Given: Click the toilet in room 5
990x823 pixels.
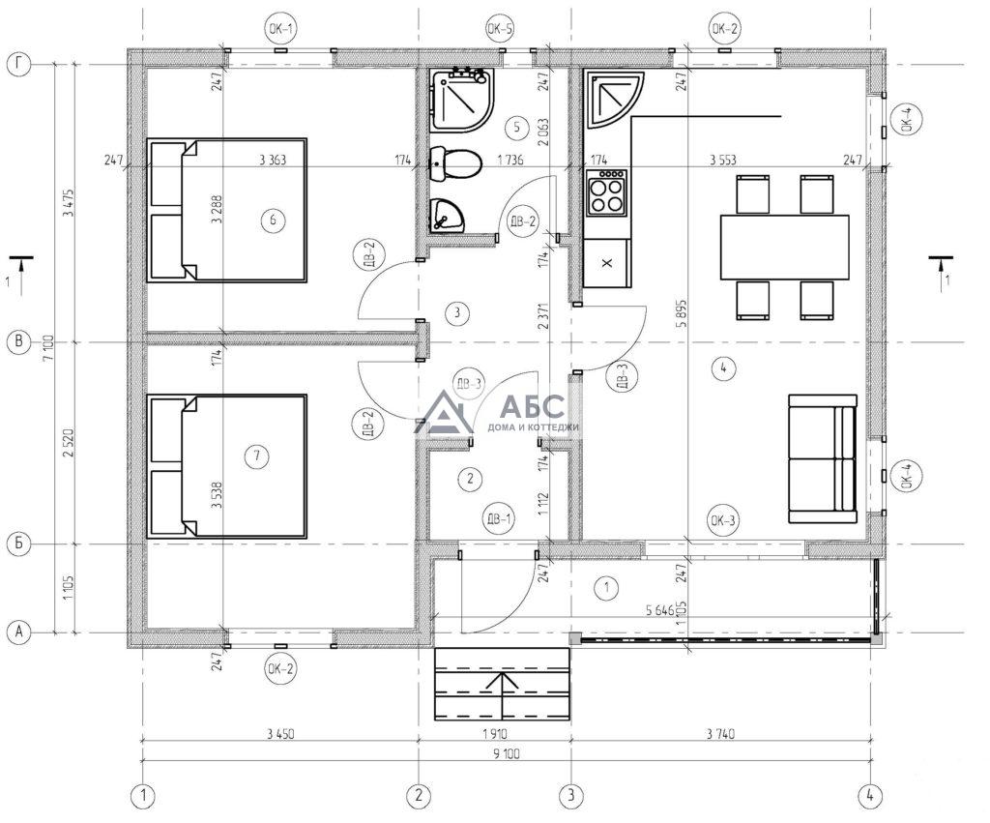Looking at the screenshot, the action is click(456, 164).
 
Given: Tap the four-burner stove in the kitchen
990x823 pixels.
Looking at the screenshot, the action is click(607, 191).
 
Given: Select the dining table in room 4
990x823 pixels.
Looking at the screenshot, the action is click(785, 247).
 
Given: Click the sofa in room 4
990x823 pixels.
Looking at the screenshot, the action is click(823, 459).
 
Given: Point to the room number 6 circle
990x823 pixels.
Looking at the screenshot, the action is click(273, 220).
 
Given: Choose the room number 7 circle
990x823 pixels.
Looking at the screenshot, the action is click(256, 456).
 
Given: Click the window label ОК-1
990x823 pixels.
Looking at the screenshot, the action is click(280, 28).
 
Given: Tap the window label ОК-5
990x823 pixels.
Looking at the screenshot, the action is click(500, 28).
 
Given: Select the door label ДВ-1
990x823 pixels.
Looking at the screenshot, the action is click(498, 519).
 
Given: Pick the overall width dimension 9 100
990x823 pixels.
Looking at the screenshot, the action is click(509, 753).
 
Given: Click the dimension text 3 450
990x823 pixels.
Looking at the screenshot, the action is click(280, 734).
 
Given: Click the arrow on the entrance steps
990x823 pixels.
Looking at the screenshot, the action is click(503, 694).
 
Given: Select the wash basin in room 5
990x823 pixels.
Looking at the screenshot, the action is click(447, 216).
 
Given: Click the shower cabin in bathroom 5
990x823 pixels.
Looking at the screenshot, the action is click(461, 101).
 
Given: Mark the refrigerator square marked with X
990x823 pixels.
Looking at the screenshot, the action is click(607, 263).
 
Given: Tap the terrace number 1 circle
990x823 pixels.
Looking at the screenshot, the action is click(607, 587).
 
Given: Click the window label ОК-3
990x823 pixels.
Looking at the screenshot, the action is click(723, 520).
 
